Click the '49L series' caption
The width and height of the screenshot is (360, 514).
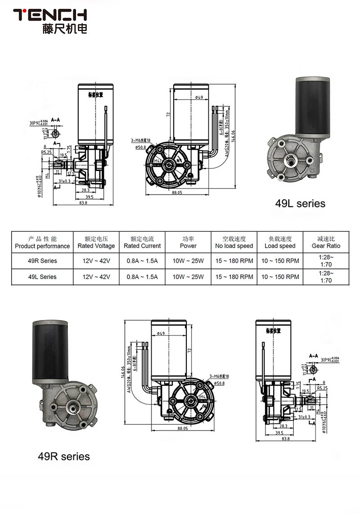point(300,203)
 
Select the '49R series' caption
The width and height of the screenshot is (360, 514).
point(63,456)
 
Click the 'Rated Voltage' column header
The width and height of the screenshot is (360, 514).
point(96,243)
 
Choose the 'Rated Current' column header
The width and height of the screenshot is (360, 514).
point(142,243)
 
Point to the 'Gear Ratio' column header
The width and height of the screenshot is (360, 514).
point(326,243)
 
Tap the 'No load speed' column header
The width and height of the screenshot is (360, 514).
point(234,243)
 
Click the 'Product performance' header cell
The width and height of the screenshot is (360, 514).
point(42,243)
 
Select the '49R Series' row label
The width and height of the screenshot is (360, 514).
point(42,261)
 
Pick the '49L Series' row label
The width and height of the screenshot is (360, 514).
point(42,277)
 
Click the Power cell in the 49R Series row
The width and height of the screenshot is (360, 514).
point(188,261)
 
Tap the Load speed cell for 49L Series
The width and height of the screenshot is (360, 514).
point(280,277)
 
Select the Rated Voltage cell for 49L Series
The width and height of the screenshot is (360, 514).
point(96,277)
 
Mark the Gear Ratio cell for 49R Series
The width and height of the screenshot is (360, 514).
point(326,261)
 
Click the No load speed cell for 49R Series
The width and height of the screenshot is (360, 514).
point(234,261)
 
